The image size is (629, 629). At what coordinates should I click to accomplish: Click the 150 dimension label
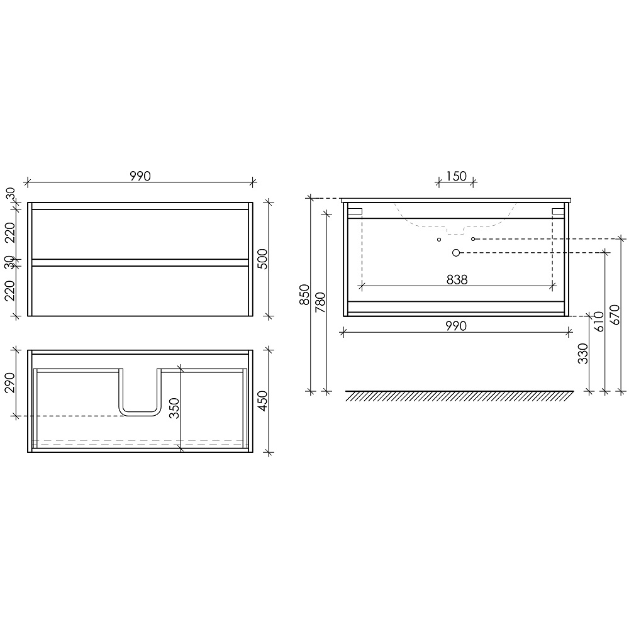pos(457,176)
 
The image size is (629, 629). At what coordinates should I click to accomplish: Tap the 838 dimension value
pos(457,280)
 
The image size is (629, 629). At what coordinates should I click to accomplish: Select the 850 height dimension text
pos(305,294)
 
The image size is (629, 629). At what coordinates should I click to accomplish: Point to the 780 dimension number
pos(321,303)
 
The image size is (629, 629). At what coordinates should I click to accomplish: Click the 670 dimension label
pos(615,315)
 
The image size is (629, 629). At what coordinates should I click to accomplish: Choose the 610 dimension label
pos(599,321)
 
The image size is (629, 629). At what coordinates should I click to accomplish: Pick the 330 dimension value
pos(583,353)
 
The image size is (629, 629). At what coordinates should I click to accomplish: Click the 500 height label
pos(262,259)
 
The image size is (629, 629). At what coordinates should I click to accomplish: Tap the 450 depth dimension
pos(262,401)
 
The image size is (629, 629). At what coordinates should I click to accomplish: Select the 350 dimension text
pos(174,408)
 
